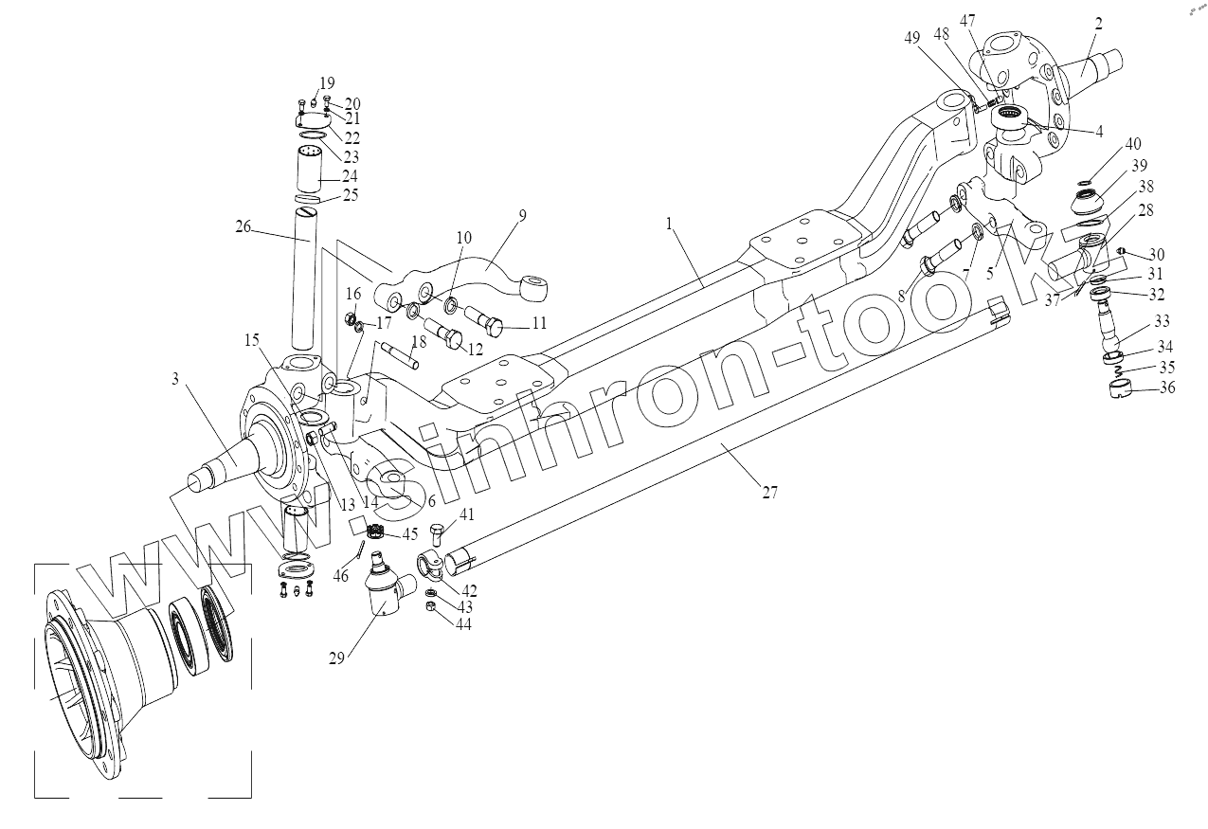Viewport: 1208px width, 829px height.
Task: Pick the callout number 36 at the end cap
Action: point(1166,387)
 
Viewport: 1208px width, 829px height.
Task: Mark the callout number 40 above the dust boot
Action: point(1133,145)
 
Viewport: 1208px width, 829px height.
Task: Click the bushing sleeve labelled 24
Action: point(311,171)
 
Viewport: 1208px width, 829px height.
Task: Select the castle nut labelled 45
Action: point(374,532)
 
